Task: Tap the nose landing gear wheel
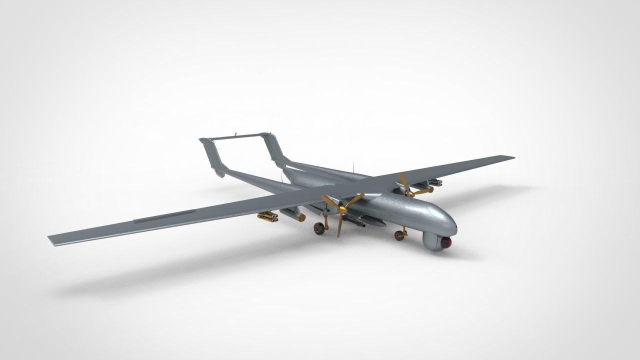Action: (399, 235)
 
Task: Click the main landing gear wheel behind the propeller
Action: (318, 228)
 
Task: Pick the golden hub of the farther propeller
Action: (409, 191)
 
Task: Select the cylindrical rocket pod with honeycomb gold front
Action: (293, 215)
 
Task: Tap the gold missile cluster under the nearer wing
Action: (268, 216)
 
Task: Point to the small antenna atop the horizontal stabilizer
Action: (235, 134)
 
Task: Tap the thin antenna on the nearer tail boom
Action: (281, 177)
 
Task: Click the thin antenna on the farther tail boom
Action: (353, 165)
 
